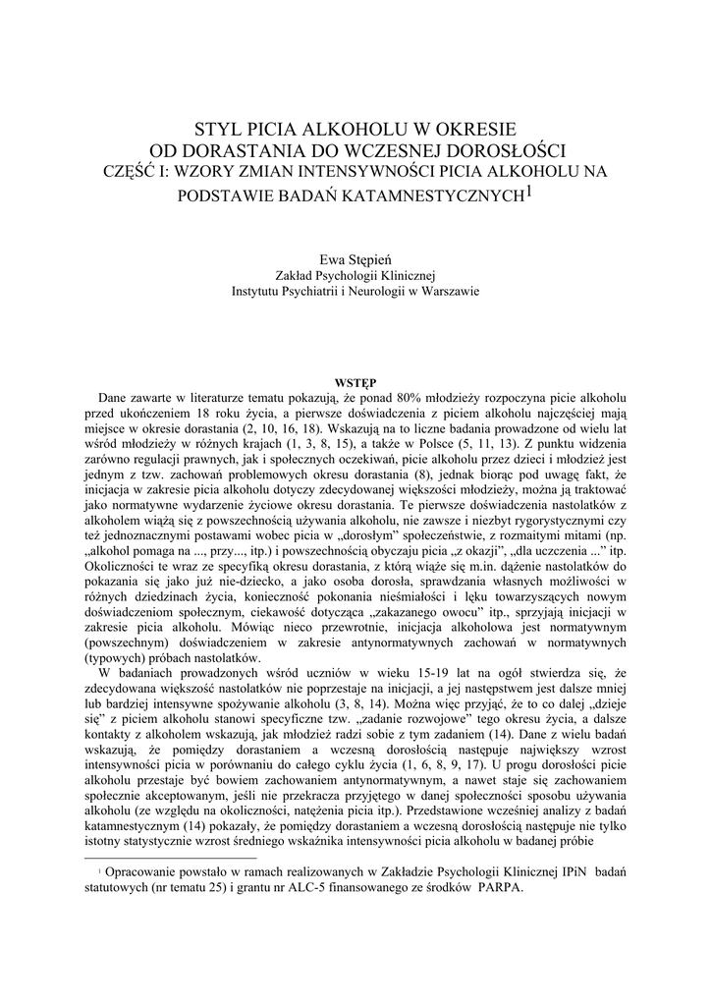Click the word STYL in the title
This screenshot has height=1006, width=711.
[x=218, y=129]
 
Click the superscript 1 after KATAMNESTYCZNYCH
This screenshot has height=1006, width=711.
[x=528, y=191]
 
